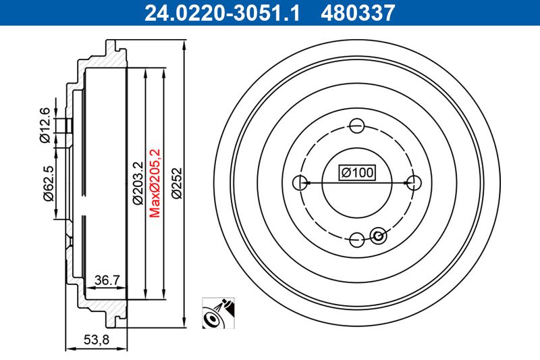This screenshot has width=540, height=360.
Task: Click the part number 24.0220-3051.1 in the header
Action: [222, 12]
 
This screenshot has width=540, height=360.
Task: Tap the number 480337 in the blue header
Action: [358, 12]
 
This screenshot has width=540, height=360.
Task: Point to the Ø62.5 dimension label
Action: [48, 183]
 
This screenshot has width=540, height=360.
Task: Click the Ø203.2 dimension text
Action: [138, 183]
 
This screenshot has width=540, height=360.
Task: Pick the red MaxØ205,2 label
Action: [155, 183]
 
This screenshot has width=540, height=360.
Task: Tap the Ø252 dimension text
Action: [177, 183]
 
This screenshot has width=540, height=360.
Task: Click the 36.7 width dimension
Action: [107, 280]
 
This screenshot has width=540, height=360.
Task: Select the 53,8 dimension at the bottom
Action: [96, 340]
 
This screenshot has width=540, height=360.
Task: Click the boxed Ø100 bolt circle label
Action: [357, 172]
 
